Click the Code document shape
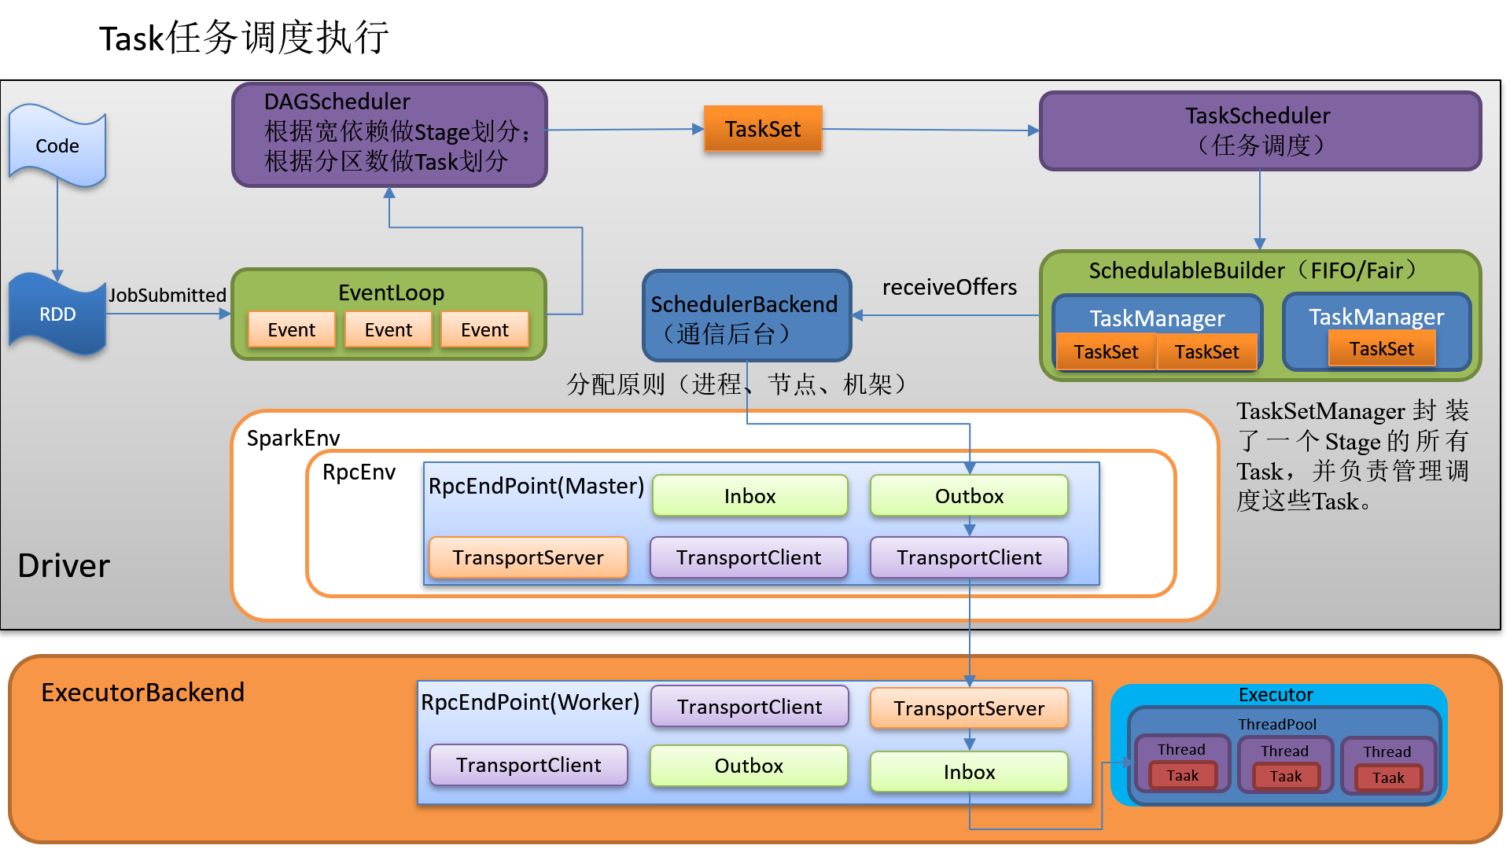[x=57, y=146]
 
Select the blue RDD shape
[x=57, y=314]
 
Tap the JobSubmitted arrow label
[x=168, y=296]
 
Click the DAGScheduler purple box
[x=389, y=134]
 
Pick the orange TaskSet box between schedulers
[x=762, y=129]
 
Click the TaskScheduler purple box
[x=1260, y=130]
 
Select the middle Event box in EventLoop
[x=388, y=330]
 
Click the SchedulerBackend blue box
[x=746, y=317]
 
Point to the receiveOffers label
[x=949, y=288]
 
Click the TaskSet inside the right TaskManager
[x=1381, y=349]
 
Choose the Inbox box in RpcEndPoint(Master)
[x=749, y=496]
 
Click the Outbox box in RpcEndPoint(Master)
[x=969, y=496]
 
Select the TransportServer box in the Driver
[x=528, y=557]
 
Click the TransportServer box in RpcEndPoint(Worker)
[x=969, y=708]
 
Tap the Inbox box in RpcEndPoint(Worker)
[x=969, y=772]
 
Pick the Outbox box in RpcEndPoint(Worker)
[x=749, y=766]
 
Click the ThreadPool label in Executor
[x=1276, y=724]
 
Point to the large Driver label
[x=64, y=566]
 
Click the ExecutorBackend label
[x=142, y=693]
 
